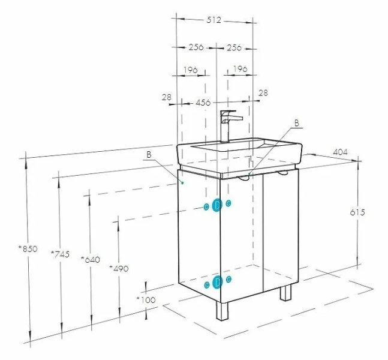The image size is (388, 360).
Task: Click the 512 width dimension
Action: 214,20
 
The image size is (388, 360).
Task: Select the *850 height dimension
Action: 28,248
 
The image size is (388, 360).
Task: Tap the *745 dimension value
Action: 60,254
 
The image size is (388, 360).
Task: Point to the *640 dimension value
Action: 91,259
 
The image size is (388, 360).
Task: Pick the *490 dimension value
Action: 119,268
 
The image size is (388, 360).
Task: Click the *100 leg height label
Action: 146,300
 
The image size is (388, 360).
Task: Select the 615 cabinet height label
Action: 357,212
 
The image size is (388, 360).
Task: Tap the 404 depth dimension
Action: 340,152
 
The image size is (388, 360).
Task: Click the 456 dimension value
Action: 203,102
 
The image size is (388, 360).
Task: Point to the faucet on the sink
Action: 229,126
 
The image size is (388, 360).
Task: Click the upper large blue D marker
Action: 217,205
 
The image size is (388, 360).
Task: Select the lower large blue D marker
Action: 217,282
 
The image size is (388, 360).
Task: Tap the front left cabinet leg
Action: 222,311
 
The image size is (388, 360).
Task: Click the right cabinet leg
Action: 285,293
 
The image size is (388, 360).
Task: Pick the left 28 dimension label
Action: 167,97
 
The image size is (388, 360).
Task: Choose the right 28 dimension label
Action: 263,93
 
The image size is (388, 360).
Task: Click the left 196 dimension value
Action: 191,70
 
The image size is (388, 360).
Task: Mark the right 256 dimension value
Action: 234,47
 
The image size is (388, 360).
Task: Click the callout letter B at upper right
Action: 297,123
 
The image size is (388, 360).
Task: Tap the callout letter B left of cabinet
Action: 149,155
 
